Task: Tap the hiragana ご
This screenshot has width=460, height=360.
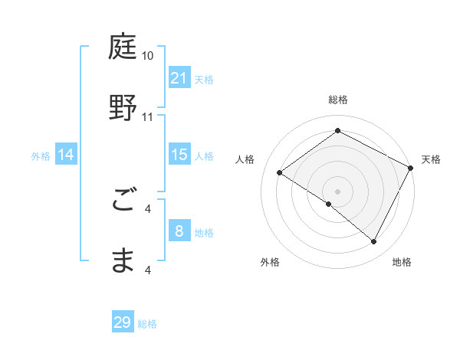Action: point(123,201)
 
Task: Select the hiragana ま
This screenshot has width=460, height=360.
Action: point(123,260)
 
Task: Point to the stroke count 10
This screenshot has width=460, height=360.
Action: point(147,57)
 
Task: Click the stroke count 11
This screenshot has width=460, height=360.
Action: point(147,117)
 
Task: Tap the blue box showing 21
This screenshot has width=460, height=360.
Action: point(179,78)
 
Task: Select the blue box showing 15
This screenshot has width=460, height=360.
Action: point(179,155)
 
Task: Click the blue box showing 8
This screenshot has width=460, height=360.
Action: point(179,231)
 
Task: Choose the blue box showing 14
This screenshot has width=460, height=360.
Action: point(66,155)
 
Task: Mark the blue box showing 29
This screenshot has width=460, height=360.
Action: point(123,322)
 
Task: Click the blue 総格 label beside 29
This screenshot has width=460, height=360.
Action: point(147,324)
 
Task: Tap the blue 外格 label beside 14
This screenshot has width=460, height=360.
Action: point(41,156)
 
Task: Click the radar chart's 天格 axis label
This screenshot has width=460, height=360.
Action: point(431,159)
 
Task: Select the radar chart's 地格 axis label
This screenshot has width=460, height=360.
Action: point(402,263)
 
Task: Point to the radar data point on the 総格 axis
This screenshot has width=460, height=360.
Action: point(337,131)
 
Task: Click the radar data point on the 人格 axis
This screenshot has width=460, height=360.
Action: point(280,172)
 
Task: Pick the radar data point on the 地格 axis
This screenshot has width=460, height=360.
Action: point(374,242)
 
